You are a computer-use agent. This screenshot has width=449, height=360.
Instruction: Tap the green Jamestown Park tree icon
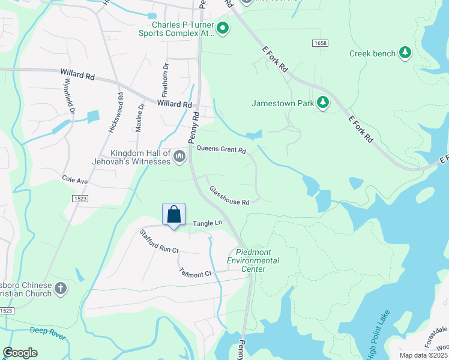[323, 103]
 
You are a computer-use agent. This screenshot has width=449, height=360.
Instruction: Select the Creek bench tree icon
[406, 53]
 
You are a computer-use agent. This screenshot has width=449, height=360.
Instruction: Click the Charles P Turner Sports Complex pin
[223, 28]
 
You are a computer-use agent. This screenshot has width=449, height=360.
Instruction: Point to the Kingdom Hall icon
[179, 157]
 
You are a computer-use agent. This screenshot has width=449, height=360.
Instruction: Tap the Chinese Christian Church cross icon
[60, 289]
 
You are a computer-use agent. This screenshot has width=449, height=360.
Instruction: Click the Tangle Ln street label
[207, 223]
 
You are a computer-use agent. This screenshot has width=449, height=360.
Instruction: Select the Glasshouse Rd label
[229, 196]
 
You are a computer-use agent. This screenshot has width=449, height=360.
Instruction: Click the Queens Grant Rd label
[221, 150]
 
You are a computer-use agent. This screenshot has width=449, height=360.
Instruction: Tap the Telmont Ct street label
[196, 271]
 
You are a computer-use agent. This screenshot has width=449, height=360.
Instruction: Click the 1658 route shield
[319, 43]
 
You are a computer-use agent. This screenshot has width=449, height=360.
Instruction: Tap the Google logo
[20, 353]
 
